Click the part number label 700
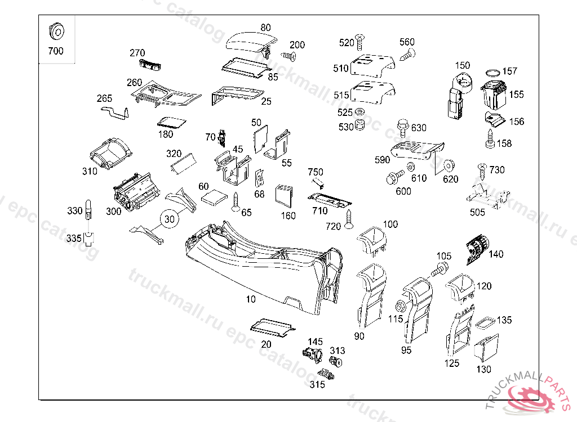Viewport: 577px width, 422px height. pos(56,51)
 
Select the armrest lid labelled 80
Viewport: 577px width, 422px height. pos(252,43)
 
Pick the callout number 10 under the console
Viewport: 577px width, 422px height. pos(251,299)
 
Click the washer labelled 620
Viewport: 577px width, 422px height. pos(450,167)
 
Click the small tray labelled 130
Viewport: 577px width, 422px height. pos(486,349)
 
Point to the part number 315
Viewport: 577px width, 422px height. pos(317,385)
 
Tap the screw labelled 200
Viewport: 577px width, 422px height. pos(288,56)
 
